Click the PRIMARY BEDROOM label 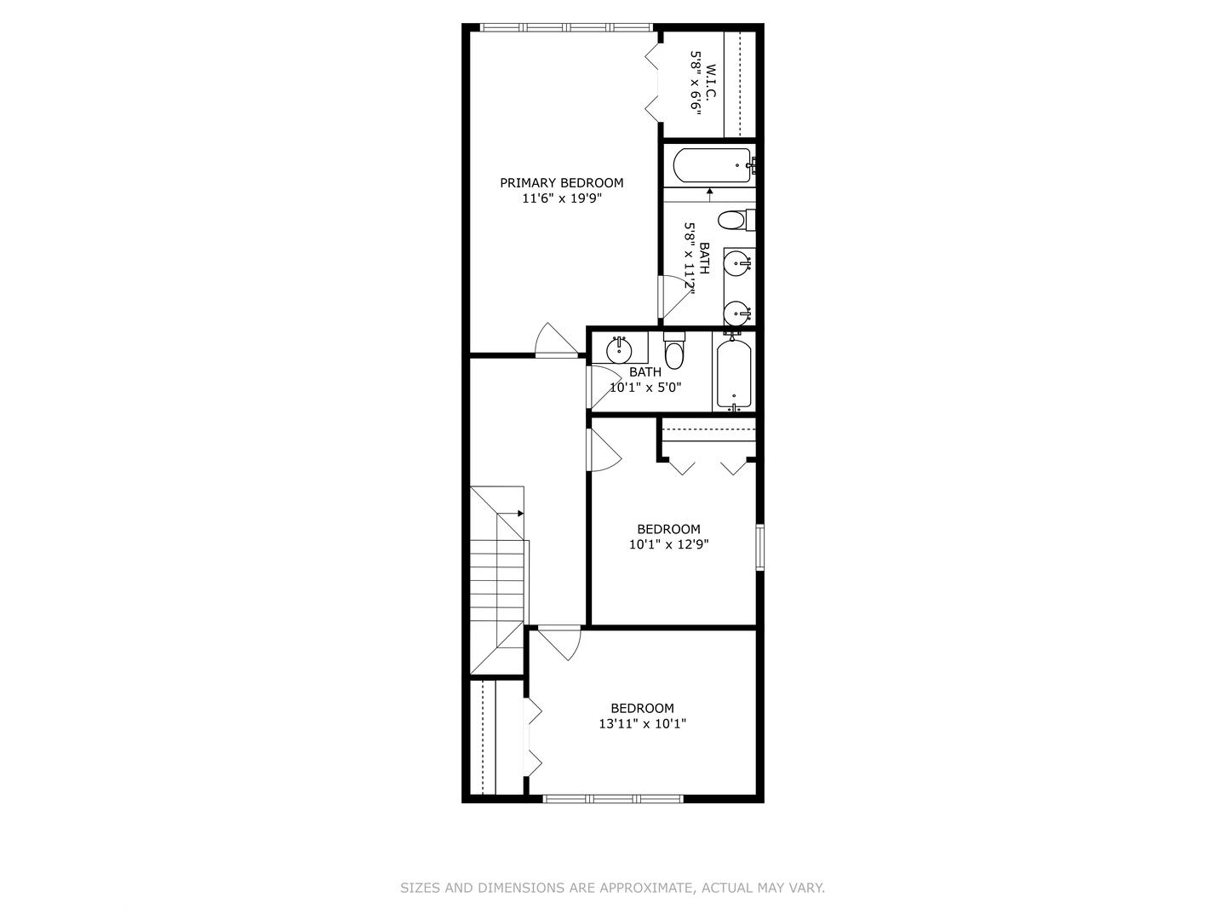pos(561,182)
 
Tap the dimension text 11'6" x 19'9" pos(561,198)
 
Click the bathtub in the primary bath pos(711,165)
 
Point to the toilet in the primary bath pos(732,221)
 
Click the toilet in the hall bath pos(674,352)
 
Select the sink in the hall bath pos(619,349)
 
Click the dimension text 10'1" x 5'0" pos(645,388)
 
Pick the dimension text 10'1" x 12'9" pos(668,544)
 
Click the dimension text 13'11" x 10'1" pos(642,724)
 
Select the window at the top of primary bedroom pos(565,27)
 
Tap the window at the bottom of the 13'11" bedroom pos(613,798)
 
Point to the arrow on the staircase pos(518,513)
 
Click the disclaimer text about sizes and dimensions pos(612,888)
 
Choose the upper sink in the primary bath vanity pos(737,262)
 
